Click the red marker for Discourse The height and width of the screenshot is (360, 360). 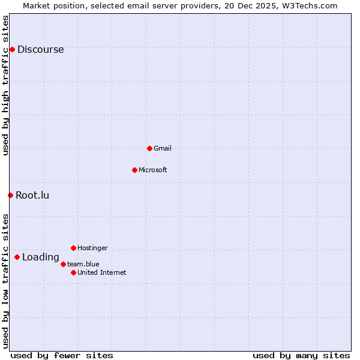(12, 49)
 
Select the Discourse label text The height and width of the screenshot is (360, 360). (40, 50)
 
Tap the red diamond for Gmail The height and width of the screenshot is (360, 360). (149, 148)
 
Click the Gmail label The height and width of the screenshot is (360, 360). (163, 148)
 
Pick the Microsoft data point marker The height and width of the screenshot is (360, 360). (134, 170)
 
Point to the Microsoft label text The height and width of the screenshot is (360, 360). (153, 170)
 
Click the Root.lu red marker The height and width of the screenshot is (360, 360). (10, 195)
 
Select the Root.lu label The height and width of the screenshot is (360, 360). (32, 195)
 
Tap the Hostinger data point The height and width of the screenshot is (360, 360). (73, 248)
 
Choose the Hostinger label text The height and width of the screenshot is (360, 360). (92, 248)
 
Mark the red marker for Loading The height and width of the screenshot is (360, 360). (17, 257)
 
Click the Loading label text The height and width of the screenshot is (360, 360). (41, 257)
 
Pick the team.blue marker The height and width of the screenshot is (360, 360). (63, 264)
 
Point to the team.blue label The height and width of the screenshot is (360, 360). (83, 264)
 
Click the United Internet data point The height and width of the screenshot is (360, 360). (73, 272)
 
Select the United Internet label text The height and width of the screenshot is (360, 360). (102, 272)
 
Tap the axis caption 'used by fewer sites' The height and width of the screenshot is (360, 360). (62, 355)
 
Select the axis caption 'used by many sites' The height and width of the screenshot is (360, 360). (301, 355)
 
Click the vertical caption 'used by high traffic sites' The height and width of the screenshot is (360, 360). (5, 85)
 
